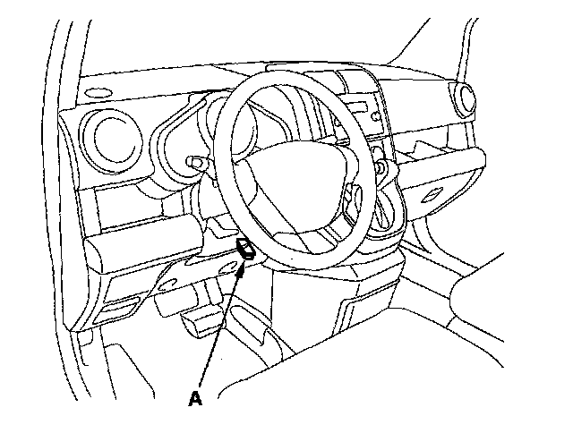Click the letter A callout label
click(x=195, y=399)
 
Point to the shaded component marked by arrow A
click(x=247, y=250)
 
